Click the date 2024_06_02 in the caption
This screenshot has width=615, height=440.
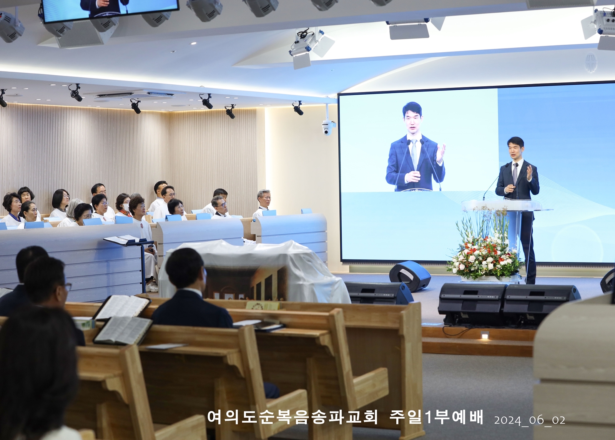point(530,420)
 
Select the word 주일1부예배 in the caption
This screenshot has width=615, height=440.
point(436,417)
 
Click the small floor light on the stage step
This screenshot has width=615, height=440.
point(485,335)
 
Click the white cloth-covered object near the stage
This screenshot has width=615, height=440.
point(254,271)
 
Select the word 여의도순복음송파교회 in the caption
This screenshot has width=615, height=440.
point(292,417)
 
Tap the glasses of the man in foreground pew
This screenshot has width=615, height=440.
point(68,286)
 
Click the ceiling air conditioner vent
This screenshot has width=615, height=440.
point(135,95)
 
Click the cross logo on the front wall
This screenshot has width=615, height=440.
point(591,63)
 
